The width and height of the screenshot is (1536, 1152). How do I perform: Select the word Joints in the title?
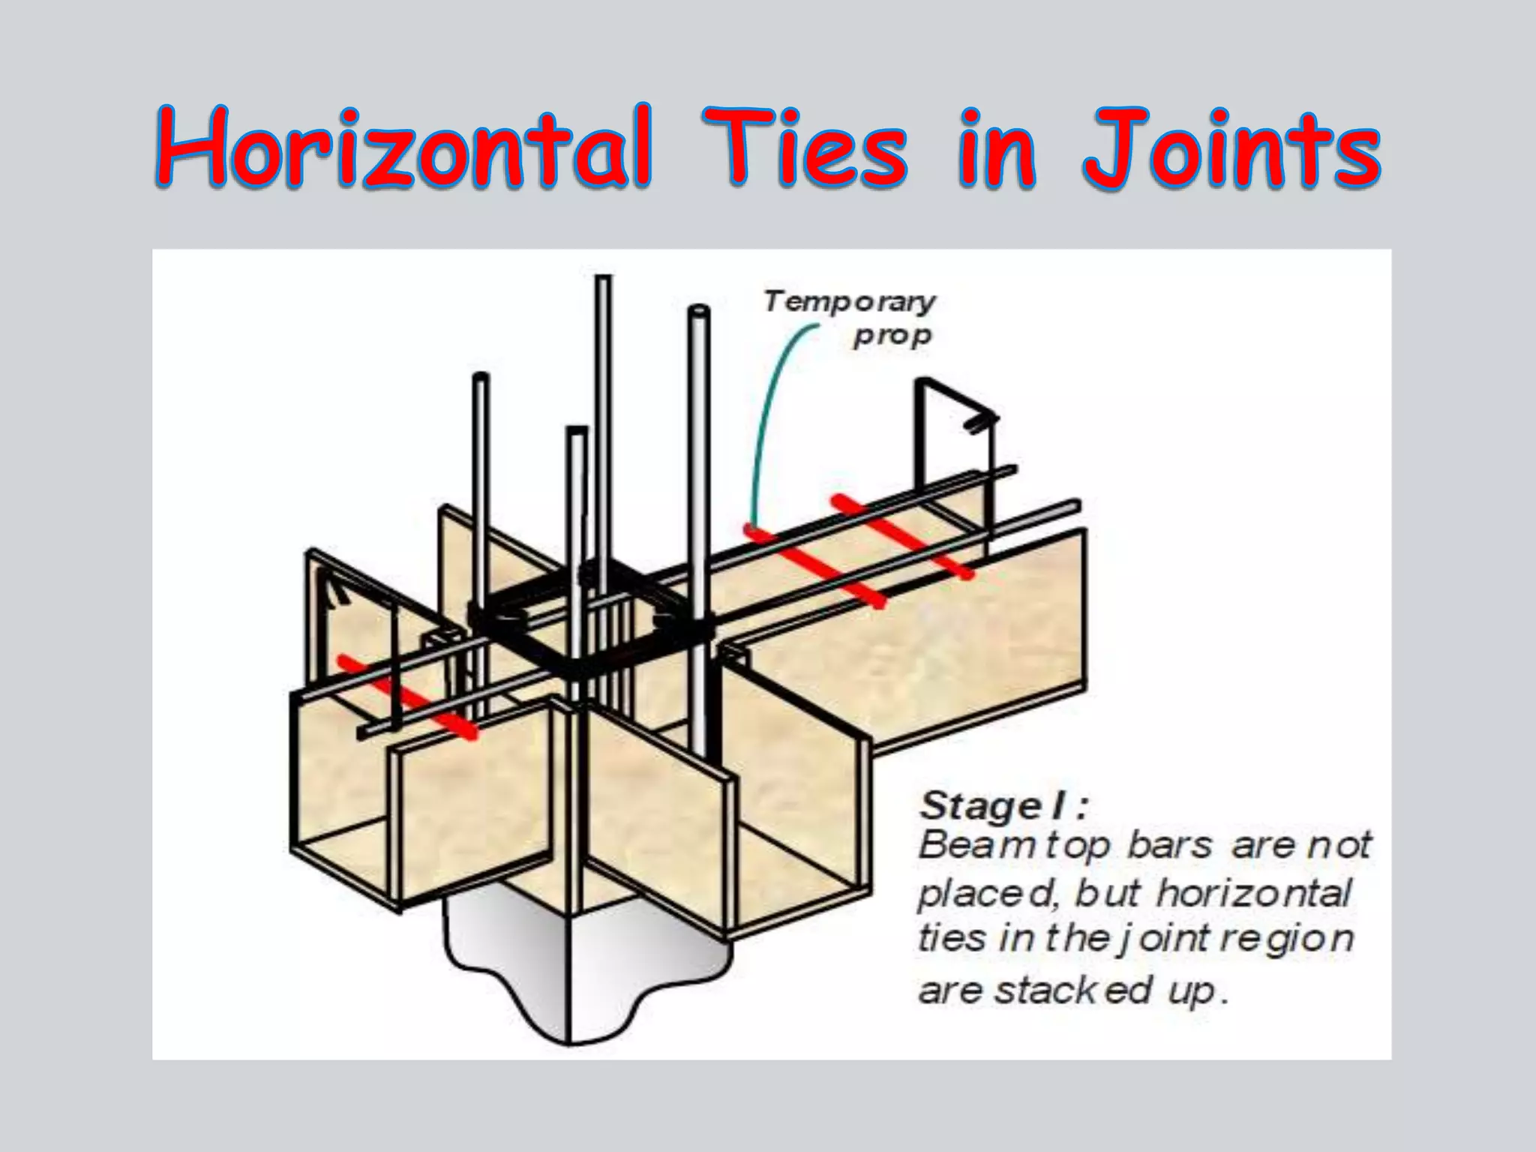tap(1230, 148)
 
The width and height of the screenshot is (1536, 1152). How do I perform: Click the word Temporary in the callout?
tap(850, 301)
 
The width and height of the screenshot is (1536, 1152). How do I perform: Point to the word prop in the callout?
tap(892, 335)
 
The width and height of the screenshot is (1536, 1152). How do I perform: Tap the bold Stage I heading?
tap(1003, 806)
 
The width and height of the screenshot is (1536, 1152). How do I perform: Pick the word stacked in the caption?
tap(1072, 991)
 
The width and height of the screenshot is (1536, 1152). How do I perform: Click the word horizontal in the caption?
tap(1254, 892)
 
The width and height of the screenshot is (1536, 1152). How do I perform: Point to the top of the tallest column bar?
tap(603, 280)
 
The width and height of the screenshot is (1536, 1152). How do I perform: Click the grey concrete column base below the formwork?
tap(585, 975)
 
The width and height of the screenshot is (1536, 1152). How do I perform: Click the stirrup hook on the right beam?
tap(979, 422)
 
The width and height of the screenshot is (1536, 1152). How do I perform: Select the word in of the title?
tap(997, 148)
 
